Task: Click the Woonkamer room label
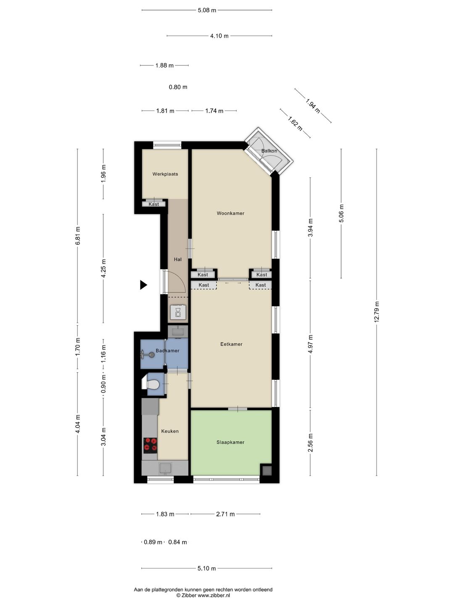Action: pos(230,213)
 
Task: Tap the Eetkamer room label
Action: pos(231,344)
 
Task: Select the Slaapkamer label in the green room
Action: pos(230,442)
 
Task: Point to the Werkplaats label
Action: pos(165,174)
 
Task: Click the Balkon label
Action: pos(269,151)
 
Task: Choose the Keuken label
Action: pos(170,431)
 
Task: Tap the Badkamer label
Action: pos(167,350)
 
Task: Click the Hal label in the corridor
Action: pos(178,259)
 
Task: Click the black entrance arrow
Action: pos(143,285)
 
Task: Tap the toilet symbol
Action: pos(152,384)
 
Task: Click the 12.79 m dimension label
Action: pos(377,312)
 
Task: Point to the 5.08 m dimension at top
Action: pos(207,10)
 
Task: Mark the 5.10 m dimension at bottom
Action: pos(206,568)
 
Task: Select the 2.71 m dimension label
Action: pos(225,514)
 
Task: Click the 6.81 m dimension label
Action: pos(77,236)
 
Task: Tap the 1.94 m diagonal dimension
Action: pos(313,105)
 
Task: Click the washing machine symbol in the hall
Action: pos(178,313)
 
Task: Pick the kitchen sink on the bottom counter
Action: pos(165,468)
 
